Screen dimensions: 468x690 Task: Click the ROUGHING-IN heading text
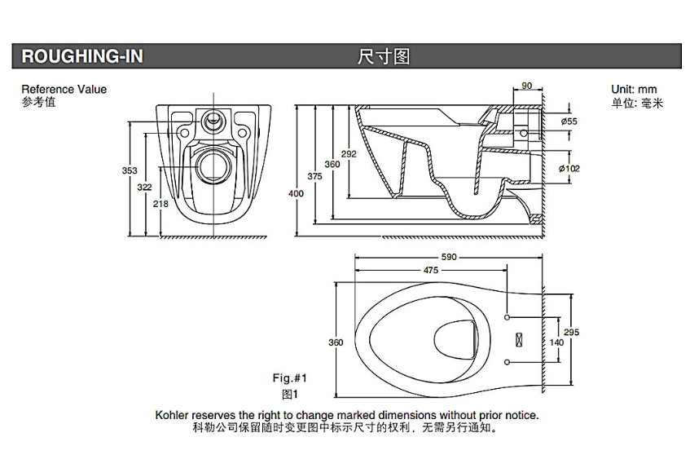(x=81, y=56)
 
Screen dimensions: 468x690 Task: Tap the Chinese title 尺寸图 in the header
(x=383, y=56)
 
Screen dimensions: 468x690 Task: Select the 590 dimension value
(x=450, y=257)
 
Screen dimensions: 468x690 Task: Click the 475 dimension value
(x=431, y=270)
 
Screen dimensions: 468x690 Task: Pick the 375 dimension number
(x=314, y=176)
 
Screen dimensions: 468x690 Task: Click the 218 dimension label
(x=160, y=203)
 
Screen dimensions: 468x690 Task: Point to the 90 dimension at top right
(x=526, y=86)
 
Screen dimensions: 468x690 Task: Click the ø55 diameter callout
(x=569, y=121)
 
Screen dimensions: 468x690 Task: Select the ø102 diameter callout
(x=569, y=168)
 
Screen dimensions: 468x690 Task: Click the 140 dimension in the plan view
(x=556, y=342)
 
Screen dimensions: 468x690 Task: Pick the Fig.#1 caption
(x=289, y=377)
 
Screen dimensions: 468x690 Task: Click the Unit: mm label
(x=633, y=90)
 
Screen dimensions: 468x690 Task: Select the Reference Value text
(x=64, y=90)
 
